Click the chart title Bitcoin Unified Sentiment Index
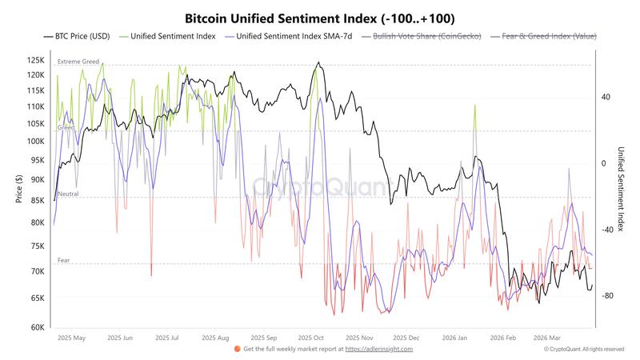pyautogui.click(x=320, y=17)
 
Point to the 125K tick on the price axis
pyautogui.click(x=34, y=60)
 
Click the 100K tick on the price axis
pyautogui.click(x=34, y=141)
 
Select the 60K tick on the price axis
pyautogui.click(x=36, y=327)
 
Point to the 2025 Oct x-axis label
pyautogui.click(x=309, y=338)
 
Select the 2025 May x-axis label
pyautogui.click(x=71, y=338)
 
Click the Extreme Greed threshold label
pyautogui.click(x=78, y=62)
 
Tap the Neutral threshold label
pyautogui.click(x=67, y=194)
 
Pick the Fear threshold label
pyautogui.click(x=64, y=261)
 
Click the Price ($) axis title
pyautogui.click(x=18, y=189)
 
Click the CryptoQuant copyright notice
pyautogui.click(x=583, y=349)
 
